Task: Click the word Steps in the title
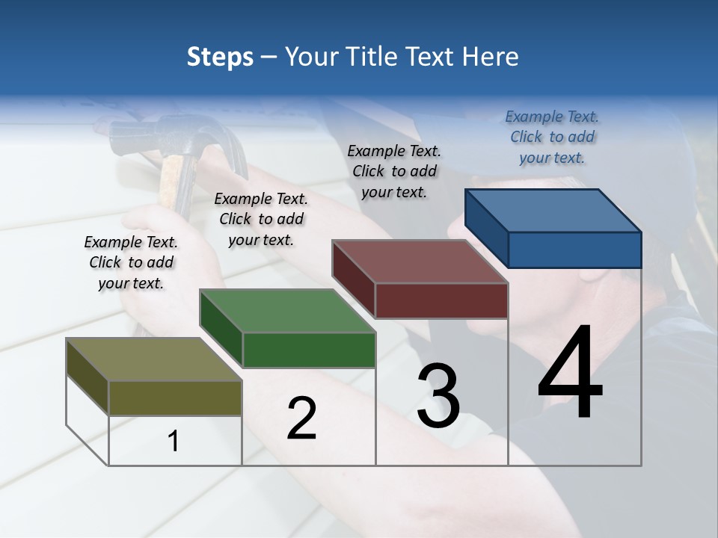tap(220, 57)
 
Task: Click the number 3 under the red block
tap(438, 396)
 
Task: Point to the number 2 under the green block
tap(301, 418)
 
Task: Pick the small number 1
tap(174, 442)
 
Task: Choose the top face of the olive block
tap(154, 359)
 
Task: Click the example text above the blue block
tap(552, 137)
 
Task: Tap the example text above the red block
tap(394, 171)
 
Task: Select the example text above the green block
tap(261, 219)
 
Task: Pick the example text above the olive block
tap(131, 262)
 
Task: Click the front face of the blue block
tap(574, 250)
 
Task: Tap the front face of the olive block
tap(175, 398)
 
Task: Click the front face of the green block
tap(309, 350)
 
